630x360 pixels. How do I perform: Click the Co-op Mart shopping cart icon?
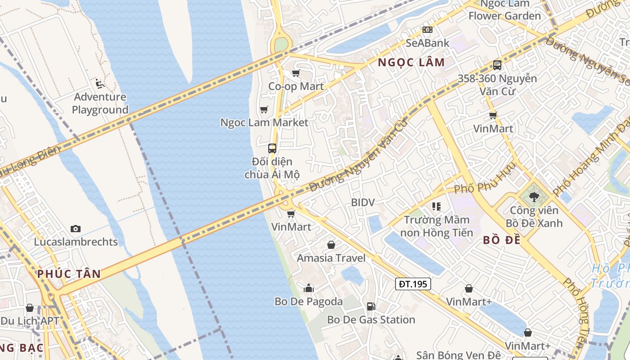coord(296,73)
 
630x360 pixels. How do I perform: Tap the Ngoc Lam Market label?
coord(264,122)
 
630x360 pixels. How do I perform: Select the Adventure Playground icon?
coord(100,84)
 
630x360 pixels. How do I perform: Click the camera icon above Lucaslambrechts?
coord(76,229)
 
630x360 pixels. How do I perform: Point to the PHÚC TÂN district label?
coord(69,274)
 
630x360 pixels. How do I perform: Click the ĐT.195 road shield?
coord(413,284)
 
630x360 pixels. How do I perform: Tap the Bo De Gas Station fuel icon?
coord(371,306)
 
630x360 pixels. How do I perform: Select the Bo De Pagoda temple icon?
coord(309,288)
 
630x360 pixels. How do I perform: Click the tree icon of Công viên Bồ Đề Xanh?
coord(534,197)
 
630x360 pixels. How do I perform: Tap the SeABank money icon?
coord(427,30)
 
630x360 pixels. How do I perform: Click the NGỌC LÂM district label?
coord(411,63)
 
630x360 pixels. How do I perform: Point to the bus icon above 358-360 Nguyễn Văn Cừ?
coord(497,65)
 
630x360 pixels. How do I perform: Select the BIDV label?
coord(363,202)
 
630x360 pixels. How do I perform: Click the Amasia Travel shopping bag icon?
coord(331,245)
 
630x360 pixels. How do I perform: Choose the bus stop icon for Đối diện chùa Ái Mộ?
coord(272,148)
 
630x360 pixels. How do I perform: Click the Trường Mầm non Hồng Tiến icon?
coord(436,207)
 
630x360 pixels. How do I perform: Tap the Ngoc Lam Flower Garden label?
coord(504,10)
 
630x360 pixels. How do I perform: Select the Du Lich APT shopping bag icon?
coord(30,308)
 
